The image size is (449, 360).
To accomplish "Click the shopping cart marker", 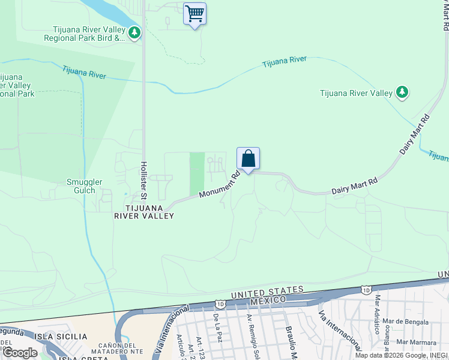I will [194, 13].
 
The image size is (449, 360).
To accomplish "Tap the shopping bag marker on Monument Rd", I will [248, 160].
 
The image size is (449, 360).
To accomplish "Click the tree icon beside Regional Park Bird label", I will [134, 32].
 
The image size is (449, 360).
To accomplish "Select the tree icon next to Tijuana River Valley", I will [402, 92].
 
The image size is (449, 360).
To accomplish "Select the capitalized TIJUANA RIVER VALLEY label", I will [149, 211].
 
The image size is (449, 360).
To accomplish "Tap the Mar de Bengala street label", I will [408, 322].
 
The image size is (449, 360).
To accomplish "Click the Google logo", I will [19, 353].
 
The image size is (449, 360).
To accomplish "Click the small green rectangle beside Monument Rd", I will [197, 173].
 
